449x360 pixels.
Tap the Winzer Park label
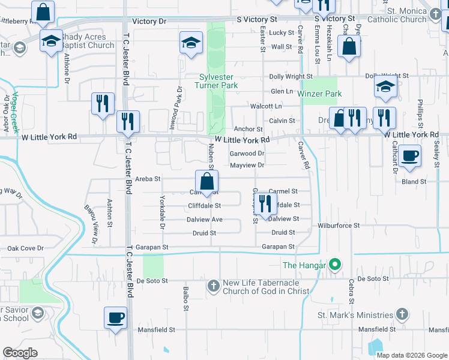tap(322, 94)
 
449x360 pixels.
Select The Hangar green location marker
tap(336, 265)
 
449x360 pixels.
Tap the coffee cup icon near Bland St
tap(409, 155)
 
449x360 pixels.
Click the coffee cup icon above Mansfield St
tap(115, 317)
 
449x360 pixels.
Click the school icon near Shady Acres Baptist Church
tap(52, 41)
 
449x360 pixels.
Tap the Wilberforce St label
tap(339, 226)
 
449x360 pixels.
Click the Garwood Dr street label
tap(247, 154)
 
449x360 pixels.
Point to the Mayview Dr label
tap(247, 165)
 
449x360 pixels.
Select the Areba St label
tap(148, 179)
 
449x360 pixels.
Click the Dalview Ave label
tap(204, 220)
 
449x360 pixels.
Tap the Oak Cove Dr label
tap(25, 248)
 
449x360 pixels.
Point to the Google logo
tap(20, 353)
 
